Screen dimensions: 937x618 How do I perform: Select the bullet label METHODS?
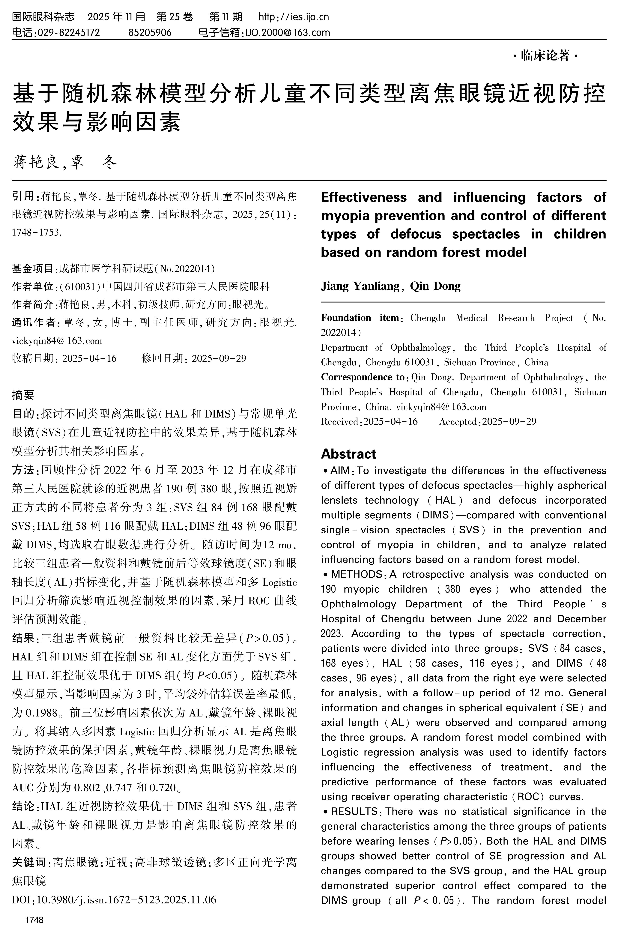coord(356,574)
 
